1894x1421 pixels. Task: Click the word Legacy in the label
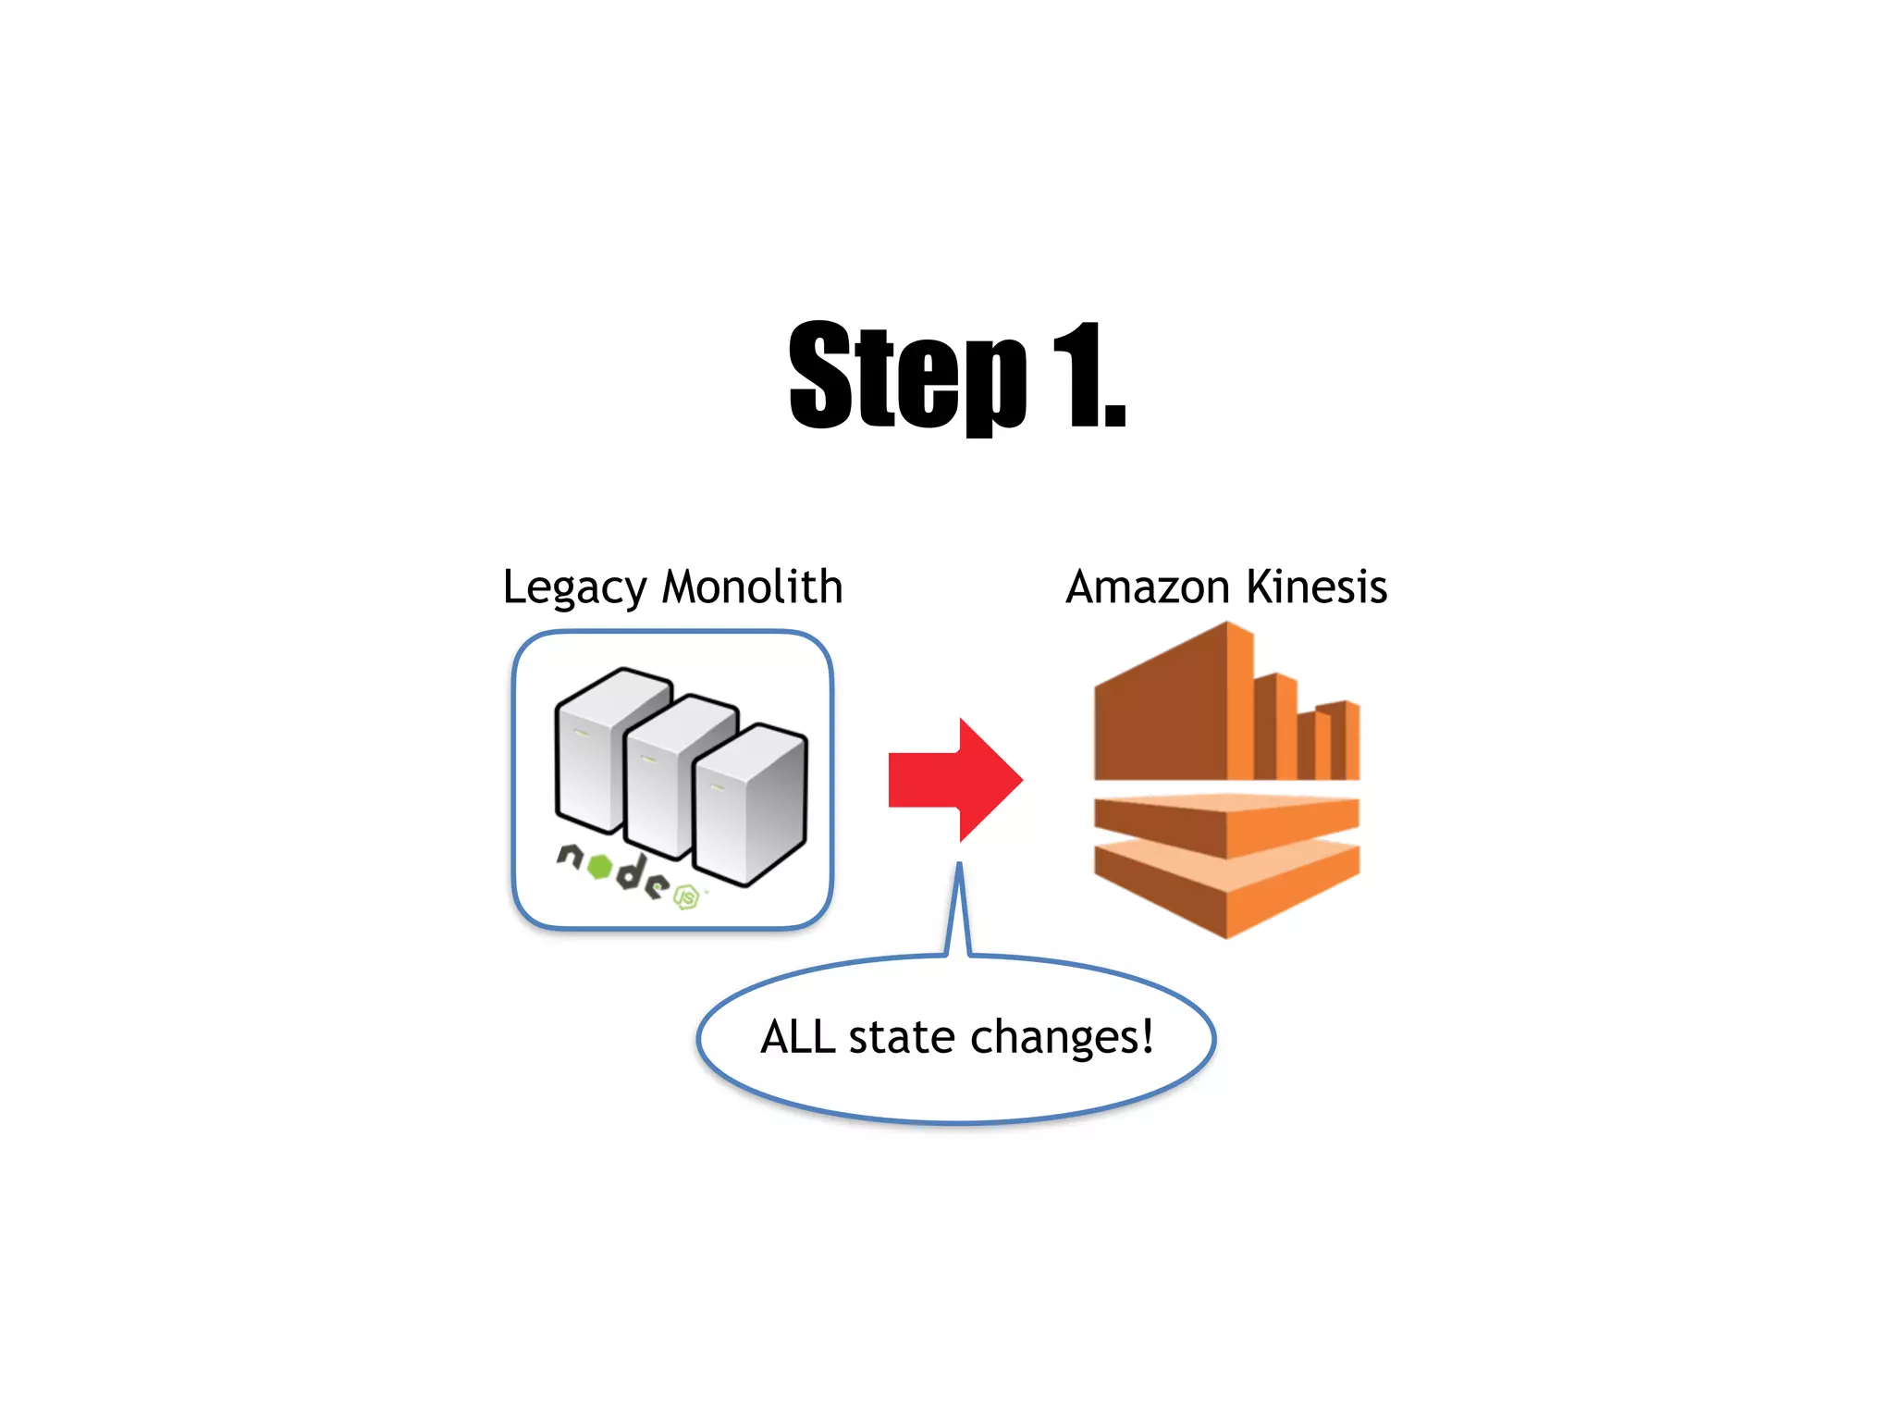tap(574, 588)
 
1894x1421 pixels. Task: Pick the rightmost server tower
tap(749, 805)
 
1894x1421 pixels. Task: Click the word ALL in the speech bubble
tap(797, 1036)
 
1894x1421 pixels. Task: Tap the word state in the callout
tap(902, 1036)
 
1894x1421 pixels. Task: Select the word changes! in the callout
tap(1062, 1036)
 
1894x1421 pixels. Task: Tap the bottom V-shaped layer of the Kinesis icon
tap(1226, 888)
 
